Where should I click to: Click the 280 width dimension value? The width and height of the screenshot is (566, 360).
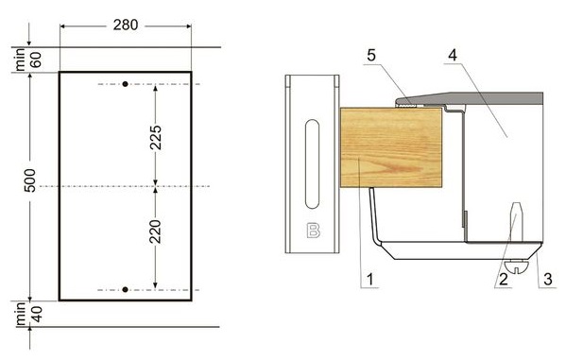click(x=126, y=25)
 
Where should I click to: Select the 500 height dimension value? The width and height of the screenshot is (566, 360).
click(x=30, y=180)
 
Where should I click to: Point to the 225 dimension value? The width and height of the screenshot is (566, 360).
click(x=156, y=138)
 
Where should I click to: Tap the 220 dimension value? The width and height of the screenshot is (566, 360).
click(x=156, y=231)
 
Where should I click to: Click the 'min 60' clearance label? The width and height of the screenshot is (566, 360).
click(x=28, y=60)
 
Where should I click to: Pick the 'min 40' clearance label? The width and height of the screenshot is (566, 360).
click(x=28, y=314)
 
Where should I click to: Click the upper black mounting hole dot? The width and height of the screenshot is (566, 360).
click(x=125, y=84)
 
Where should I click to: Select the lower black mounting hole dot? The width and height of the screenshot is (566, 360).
click(x=125, y=289)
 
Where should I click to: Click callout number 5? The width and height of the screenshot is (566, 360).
click(x=371, y=55)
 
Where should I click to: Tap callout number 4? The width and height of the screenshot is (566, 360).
click(x=453, y=55)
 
